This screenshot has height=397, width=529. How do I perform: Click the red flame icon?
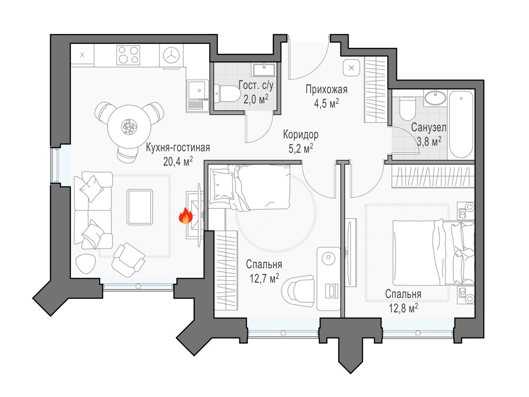click(x=186, y=216)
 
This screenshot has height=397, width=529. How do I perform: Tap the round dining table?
click(x=129, y=127)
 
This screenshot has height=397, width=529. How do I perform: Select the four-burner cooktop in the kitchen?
click(x=128, y=55)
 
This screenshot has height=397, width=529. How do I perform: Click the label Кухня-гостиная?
click(x=178, y=148)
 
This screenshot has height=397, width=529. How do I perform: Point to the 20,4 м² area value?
click(x=178, y=161)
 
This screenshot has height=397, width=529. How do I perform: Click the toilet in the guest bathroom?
click(x=227, y=94)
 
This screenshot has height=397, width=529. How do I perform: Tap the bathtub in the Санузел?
click(x=461, y=124)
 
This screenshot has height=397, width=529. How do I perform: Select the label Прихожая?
click(x=327, y=90)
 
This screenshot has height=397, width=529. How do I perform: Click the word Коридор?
click(x=300, y=135)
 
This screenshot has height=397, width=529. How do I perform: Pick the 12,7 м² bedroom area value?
click(x=264, y=278)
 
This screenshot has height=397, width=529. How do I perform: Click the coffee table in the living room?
click(x=140, y=207)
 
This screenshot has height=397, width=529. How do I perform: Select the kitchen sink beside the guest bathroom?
click(x=197, y=90)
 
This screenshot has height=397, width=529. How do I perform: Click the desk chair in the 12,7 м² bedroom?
click(x=298, y=291)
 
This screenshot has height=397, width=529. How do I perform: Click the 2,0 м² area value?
click(x=256, y=99)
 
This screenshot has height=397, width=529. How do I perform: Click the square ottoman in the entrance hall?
click(x=351, y=68)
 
